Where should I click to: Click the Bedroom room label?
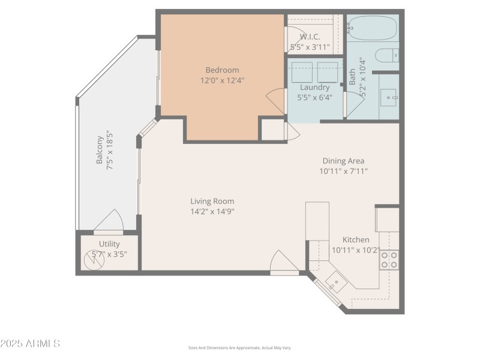pos(222,70)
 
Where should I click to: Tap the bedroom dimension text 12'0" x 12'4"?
pos(222,80)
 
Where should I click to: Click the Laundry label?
pos(314,87)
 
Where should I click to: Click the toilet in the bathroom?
pos(386,56)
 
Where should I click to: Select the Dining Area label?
pos(343,160)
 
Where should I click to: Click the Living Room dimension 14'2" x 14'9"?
pos(212,211)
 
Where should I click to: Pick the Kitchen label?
pos(356,239)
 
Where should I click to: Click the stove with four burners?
pos(389,259)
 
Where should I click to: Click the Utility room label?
pos(109,244)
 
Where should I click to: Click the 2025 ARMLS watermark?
pos(30,344)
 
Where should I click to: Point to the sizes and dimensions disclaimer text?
pos(239,347)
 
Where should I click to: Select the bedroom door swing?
pos(276,100)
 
